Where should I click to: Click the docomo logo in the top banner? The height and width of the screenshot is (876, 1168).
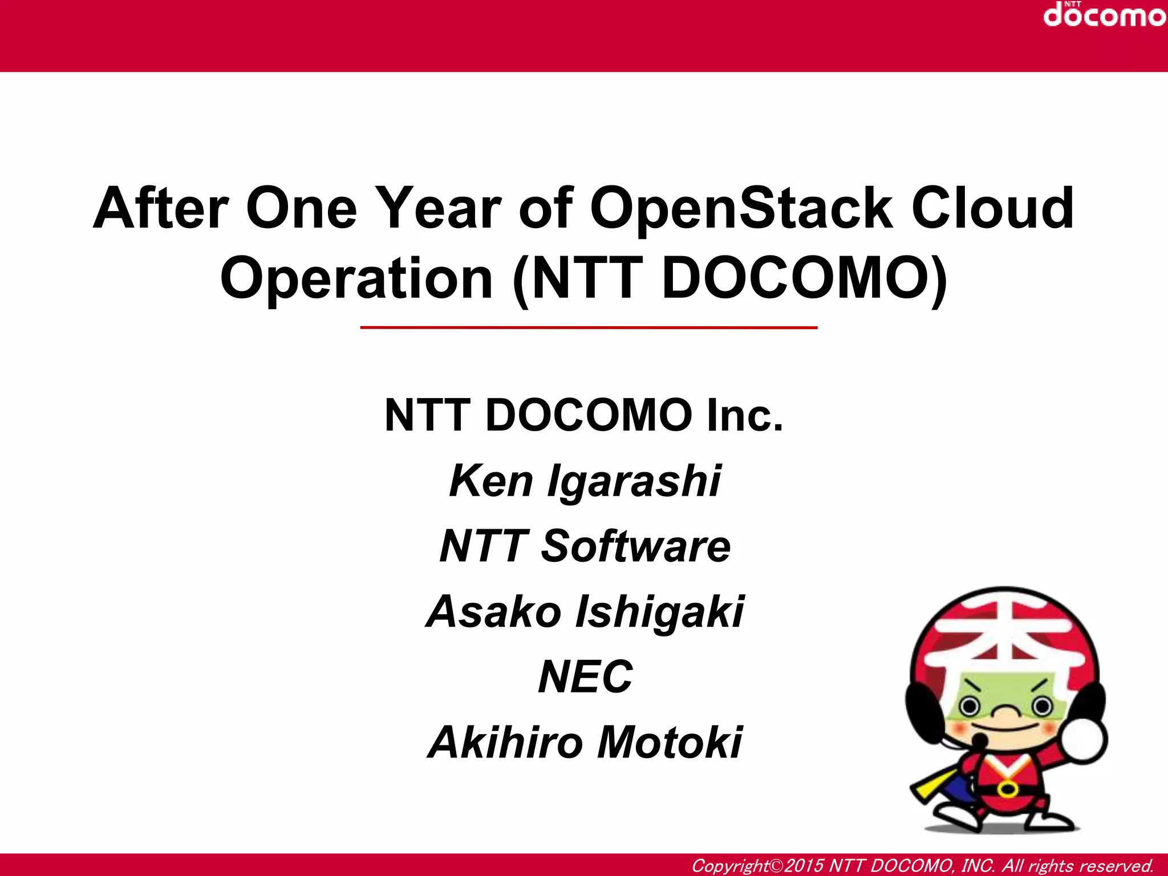[1104, 15]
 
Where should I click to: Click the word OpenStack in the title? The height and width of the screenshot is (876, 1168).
[741, 209]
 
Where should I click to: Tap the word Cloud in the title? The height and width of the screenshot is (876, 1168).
[992, 209]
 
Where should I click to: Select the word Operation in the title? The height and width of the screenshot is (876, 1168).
[356, 278]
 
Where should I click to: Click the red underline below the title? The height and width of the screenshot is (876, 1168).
[589, 328]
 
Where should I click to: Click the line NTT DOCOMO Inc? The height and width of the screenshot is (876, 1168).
[584, 415]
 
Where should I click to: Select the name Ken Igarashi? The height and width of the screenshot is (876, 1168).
[585, 481]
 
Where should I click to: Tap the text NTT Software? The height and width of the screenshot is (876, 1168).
[585, 546]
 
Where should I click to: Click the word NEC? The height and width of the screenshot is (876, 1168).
[585, 677]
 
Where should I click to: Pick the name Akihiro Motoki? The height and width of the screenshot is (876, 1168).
[585, 743]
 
